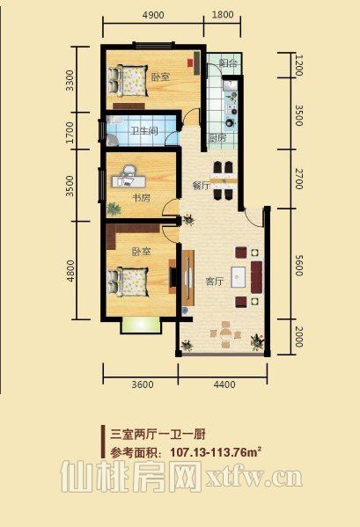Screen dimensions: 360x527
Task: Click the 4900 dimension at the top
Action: [153, 15]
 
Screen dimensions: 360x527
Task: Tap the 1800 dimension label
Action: [223, 15]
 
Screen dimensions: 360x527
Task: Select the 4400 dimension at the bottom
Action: [224, 384]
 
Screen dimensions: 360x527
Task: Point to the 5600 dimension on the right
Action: [298, 265]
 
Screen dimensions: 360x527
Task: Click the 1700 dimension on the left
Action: [70, 132]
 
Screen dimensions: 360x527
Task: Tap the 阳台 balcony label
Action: [229, 62]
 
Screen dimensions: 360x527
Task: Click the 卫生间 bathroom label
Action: [144, 130]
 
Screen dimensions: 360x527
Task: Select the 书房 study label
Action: [141, 198]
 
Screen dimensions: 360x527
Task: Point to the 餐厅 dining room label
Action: [201, 186]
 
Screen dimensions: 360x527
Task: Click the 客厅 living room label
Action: [214, 282]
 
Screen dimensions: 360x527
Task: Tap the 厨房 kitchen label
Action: [217, 138]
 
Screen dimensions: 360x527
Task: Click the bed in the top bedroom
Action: [128, 81]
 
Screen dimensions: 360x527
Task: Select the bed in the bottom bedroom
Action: [128, 282]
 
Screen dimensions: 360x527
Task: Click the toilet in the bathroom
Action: [113, 140]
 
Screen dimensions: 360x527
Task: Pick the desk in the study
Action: [129, 181]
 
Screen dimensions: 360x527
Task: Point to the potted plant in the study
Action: [114, 209]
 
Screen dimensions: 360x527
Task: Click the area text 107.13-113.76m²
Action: [217, 452]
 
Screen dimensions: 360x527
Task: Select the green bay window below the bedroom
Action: [141, 325]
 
